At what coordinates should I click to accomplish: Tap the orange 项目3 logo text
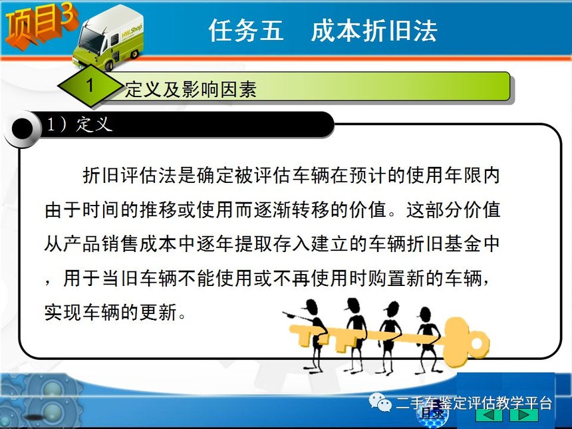tap(40, 26)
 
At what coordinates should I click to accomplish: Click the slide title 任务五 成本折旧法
tap(323, 30)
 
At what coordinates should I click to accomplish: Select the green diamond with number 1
tap(90, 86)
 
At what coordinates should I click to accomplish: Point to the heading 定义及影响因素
tap(191, 89)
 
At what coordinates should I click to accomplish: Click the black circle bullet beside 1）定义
tap(23, 128)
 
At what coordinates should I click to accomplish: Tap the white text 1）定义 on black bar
tap(78, 124)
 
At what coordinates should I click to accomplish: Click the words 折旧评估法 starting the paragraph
tap(130, 175)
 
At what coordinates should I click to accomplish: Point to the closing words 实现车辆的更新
tap(111, 312)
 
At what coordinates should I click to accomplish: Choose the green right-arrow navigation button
tap(524, 415)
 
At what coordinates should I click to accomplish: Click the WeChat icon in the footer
tap(380, 402)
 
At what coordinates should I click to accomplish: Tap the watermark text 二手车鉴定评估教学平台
tap(474, 403)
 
